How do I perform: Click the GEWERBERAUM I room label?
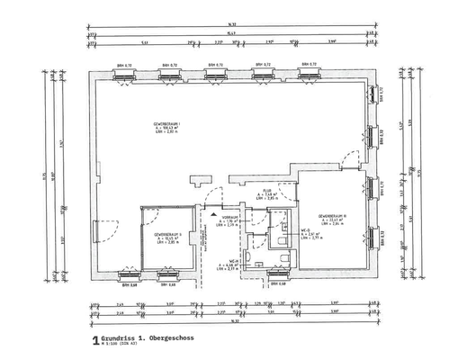(x=167, y=123)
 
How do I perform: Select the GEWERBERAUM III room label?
(x=332, y=217)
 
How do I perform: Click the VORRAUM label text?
(x=230, y=218)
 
